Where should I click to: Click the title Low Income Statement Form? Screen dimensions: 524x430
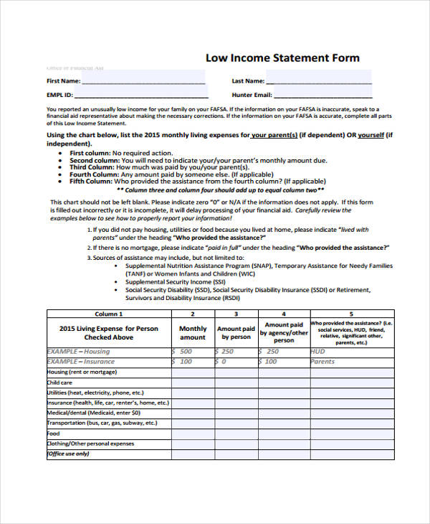tap(282, 57)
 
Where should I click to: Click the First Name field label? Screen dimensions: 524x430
tap(63, 81)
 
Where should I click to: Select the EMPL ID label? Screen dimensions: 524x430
tap(59, 95)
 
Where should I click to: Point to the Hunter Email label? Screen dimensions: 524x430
tap(252, 95)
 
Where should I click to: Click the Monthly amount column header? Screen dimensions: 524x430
tap(192, 332)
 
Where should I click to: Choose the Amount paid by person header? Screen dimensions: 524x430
tap(236, 332)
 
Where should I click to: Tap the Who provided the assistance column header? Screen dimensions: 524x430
tap(351, 332)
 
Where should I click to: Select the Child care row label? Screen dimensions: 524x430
tap(62, 383)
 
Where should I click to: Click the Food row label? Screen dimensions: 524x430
tap(54, 434)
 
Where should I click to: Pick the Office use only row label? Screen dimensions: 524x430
tap(68, 454)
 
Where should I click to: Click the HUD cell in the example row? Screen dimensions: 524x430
tap(318, 352)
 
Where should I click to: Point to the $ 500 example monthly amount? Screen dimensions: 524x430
tap(183, 352)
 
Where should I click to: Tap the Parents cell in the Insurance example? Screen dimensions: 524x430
tap(322, 362)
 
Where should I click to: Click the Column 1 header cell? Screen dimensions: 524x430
tap(108, 314)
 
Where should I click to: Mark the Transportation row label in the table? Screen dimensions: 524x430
tap(102, 424)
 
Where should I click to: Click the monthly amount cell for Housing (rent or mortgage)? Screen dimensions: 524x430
tap(192, 373)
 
